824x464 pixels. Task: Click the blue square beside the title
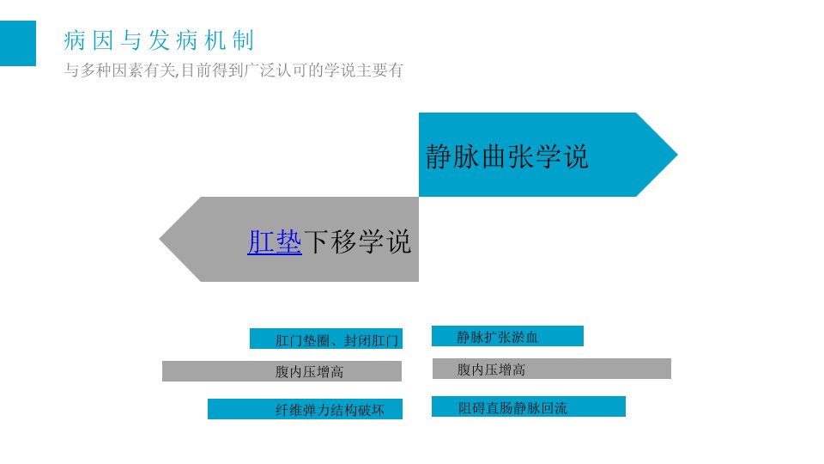[x=18, y=43]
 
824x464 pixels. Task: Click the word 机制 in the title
[x=229, y=40]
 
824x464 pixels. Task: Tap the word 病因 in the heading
[x=88, y=40]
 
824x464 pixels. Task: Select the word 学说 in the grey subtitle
[x=340, y=70]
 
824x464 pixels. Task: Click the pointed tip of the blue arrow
[x=677, y=155]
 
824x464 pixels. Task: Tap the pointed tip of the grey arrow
[x=160, y=239]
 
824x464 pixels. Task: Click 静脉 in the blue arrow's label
[x=452, y=156]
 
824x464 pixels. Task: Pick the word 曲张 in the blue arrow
[x=507, y=156]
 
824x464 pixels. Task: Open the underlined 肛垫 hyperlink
[x=275, y=242]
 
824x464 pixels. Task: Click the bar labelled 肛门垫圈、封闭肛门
[x=326, y=339]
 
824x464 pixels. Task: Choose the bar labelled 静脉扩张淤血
[x=507, y=336]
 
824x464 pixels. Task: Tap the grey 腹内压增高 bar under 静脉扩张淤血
[x=552, y=369]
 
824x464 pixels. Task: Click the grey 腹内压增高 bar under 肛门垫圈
[x=282, y=371]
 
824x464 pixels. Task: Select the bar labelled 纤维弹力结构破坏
[x=305, y=409]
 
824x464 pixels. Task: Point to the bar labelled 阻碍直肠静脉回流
[x=529, y=406]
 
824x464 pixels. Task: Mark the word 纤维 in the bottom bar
[x=289, y=411]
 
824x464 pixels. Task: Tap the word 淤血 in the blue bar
[x=525, y=337]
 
